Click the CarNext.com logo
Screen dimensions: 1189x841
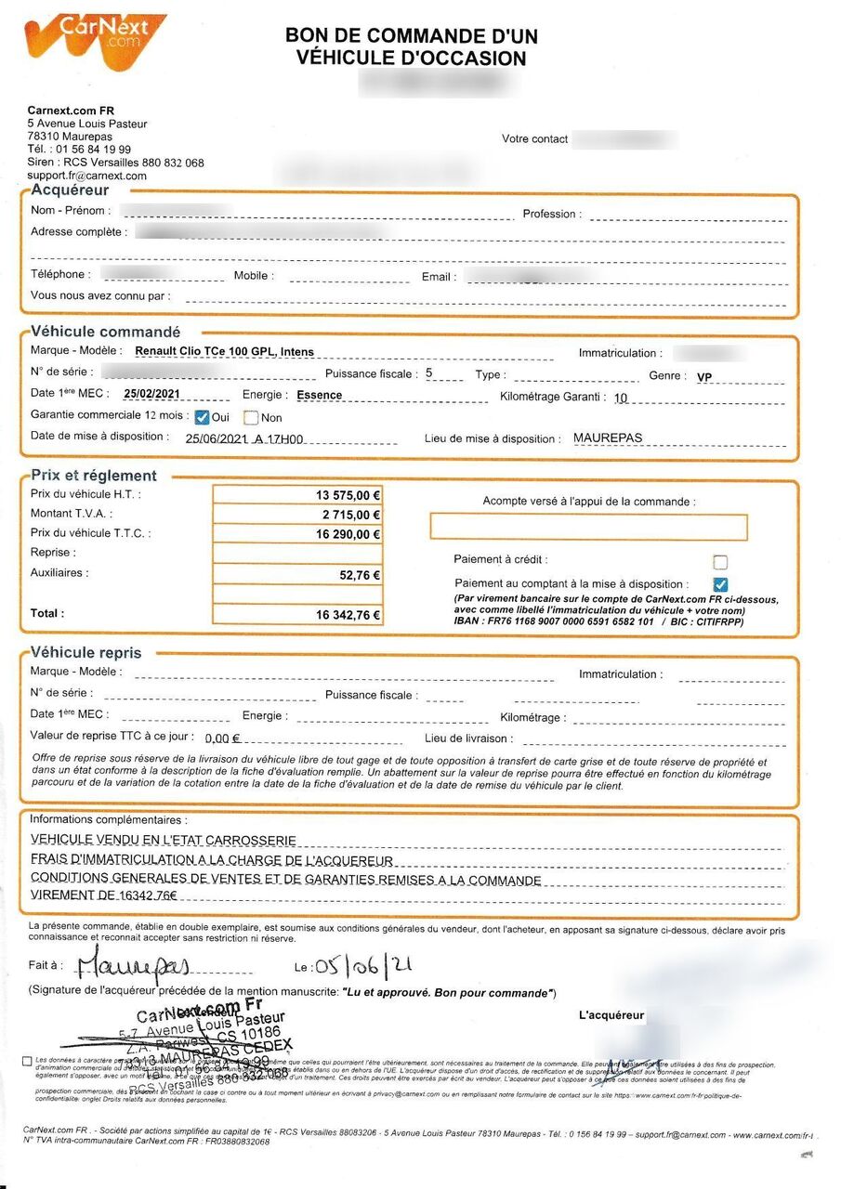click(95, 42)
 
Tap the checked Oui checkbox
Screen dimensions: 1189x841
click(202, 417)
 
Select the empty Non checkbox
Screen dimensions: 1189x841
click(250, 418)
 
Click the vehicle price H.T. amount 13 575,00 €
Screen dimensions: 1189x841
click(348, 495)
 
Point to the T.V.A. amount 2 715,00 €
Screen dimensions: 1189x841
click(350, 515)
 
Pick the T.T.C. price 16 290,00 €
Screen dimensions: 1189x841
click(348, 535)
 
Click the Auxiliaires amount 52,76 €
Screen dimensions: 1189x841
click(360, 575)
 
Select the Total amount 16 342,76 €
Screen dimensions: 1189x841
click(348, 615)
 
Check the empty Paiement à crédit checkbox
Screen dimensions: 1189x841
click(719, 562)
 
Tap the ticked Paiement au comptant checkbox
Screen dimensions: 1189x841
click(719, 584)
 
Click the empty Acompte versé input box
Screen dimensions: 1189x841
click(588, 527)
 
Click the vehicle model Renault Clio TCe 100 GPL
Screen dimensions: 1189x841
click(224, 352)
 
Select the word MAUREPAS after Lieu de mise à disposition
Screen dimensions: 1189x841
click(607, 438)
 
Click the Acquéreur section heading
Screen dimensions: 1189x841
click(70, 190)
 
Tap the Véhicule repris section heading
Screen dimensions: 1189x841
click(86, 652)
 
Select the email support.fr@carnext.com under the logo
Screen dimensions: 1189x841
click(86, 176)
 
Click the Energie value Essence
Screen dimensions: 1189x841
click(319, 395)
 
